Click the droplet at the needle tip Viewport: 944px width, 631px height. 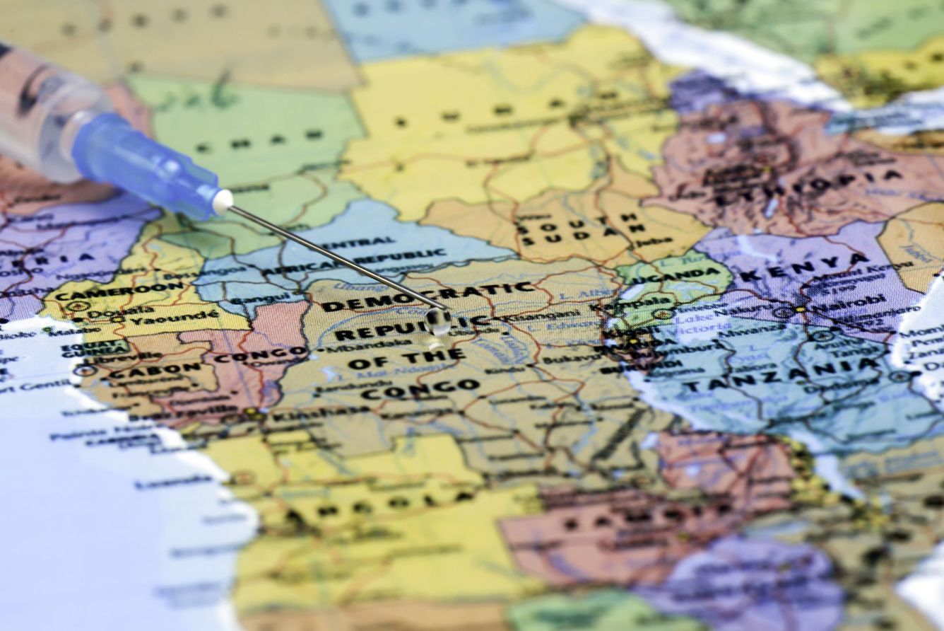pos(438,322)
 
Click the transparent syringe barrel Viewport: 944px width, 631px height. pos(42,110)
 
